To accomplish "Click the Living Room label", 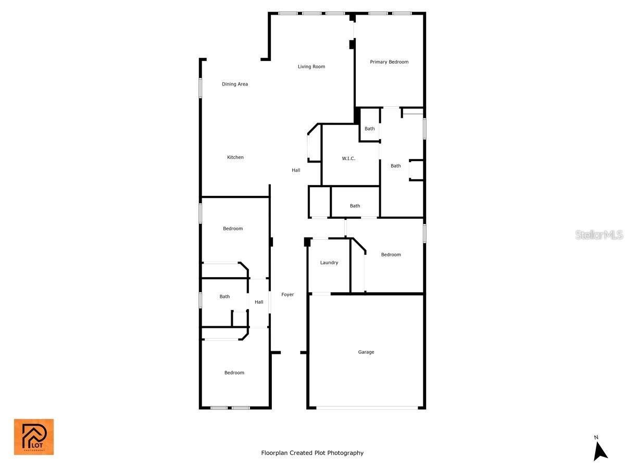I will point(311,67).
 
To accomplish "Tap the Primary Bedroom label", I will point(389,62).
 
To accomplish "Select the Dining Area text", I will point(235,84).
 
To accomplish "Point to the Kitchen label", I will point(235,157).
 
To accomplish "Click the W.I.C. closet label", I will point(348,158).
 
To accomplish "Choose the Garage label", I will point(366,352).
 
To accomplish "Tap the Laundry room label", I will point(329,263).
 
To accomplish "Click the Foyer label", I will point(287,295).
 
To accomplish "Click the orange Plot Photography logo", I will point(34,437).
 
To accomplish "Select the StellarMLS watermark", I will point(599,235).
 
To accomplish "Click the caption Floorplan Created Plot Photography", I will point(312,453).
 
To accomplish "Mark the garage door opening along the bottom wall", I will point(367,408).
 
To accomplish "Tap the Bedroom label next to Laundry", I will point(391,255).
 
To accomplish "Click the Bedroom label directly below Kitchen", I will point(233,229).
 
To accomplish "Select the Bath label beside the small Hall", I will point(224,297).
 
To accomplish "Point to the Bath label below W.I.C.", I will point(355,206).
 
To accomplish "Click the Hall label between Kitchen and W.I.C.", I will point(296,170).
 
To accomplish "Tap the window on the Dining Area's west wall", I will point(200,88).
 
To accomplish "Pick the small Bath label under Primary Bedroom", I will point(369,129).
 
